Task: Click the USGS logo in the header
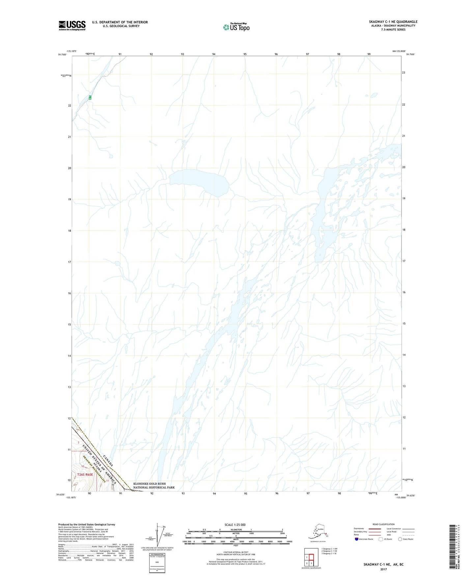pyautogui.click(x=72, y=25)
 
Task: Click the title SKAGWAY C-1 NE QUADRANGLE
pyautogui.click(x=393, y=22)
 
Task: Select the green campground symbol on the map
pyautogui.click(x=90, y=98)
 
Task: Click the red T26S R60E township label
pyautogui.click(x=85, y=475)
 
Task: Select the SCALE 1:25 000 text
pyautogui.click(x=235, y=525)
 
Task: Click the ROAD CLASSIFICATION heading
pyautogui.click(x=383, y=524)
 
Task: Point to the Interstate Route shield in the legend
pyautogui.click(x=357, y=539)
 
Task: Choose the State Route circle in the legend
pyautogui.click(x=400, y=539)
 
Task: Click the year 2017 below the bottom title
pyautogui.click(x=383, y=569)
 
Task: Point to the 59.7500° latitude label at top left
pyautogui.click(x=62, y=55)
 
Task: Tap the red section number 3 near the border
pyautogui.click(x=79, y=442)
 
